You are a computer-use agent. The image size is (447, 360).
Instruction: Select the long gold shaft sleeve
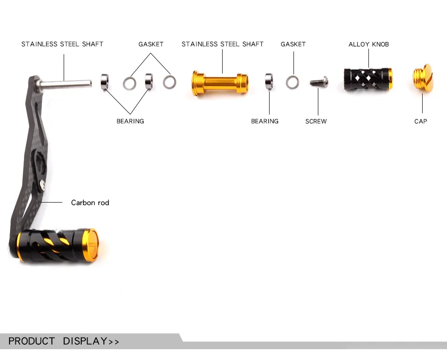pos(220,83)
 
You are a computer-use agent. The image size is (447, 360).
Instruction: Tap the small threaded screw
pos(319,82)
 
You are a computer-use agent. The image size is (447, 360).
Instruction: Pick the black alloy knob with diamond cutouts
pos(368,79)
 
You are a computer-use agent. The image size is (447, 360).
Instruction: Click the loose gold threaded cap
pos(423,78)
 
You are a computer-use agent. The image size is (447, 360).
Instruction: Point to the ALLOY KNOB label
pos(368,44)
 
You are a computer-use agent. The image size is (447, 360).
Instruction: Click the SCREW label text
pos(316,121)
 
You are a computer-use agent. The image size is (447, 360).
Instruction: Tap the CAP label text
pos(420,121)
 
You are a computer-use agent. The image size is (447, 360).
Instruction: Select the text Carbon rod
pos(90,203)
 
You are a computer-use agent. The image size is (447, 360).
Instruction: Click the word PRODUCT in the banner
pos(31,341)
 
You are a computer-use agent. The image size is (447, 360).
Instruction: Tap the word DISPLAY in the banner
pos(85,341)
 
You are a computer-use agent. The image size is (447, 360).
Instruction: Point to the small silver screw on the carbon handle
pos(42,185)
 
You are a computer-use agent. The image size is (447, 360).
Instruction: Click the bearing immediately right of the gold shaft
pos(269,82)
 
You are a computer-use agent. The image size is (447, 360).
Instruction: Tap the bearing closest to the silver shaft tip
pos(105,82)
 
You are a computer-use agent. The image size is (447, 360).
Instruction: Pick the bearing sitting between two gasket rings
pos(149,82)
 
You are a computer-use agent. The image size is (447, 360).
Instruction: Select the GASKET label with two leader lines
pos(151,44)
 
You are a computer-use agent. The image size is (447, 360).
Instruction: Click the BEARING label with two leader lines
pos(130,121)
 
